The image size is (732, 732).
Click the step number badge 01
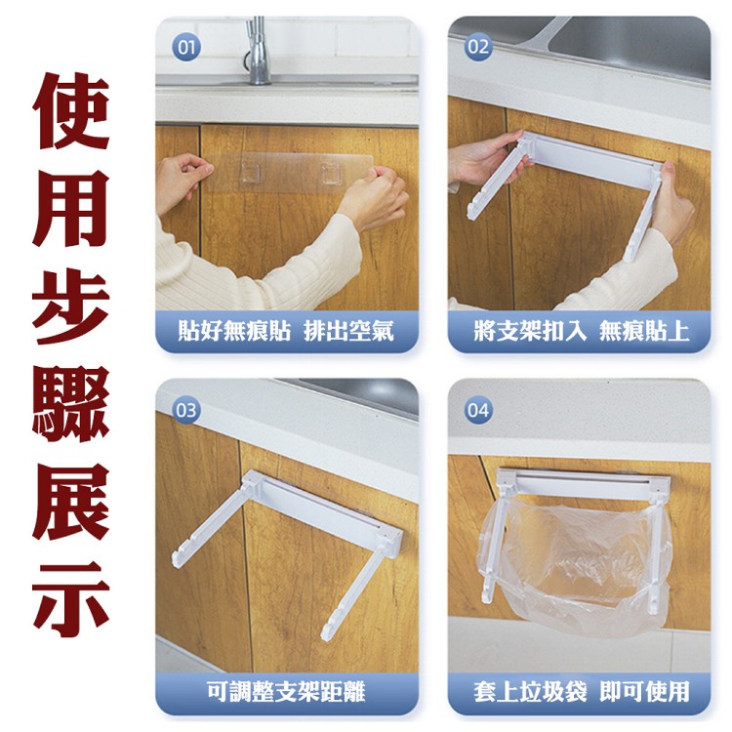[x=185, y=46]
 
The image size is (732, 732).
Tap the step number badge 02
[x=478, y=46]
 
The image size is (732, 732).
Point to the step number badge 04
[x=478, y=409]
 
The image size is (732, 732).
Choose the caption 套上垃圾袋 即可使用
[x=582, y=692]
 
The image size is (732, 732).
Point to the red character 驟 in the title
[x=71, y=403]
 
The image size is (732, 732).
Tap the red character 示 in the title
[x=71, y=595]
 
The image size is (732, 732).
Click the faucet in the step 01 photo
[x=257, y=49]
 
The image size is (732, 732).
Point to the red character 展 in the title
[x=71, y=499]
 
